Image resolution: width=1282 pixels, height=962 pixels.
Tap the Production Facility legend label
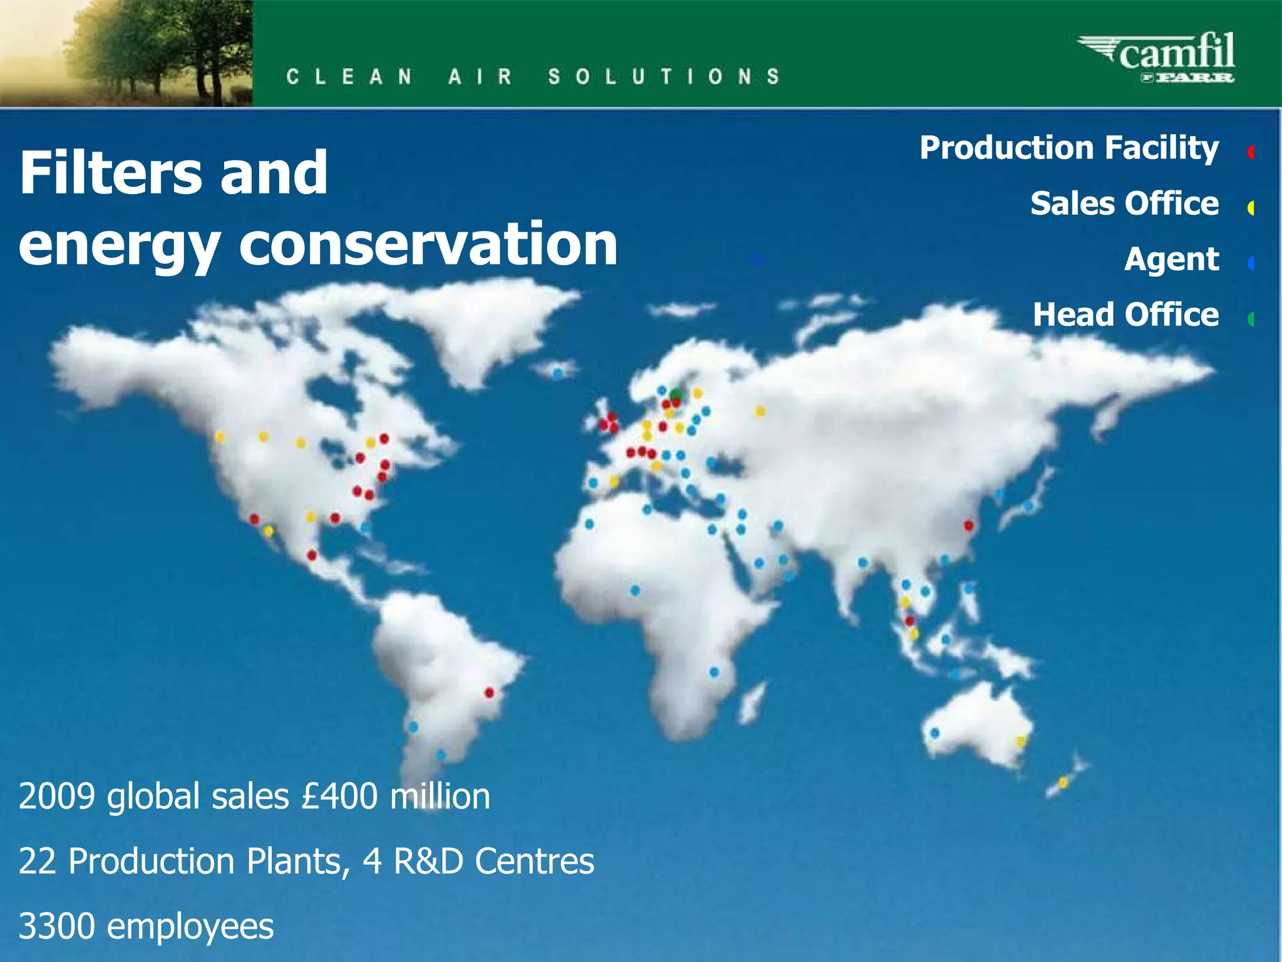point(1069,148)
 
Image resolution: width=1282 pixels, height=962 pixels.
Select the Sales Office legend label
point(1124,204)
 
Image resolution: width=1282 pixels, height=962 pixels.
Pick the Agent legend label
point(1171,259)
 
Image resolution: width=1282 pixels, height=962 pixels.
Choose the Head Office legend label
point(1126,314)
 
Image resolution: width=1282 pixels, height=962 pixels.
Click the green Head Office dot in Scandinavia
point(675,394)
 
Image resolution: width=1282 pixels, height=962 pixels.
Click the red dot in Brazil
point(490,692)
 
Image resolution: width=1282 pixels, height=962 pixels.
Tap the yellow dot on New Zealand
point(1062,782)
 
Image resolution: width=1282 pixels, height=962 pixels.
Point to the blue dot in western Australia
point(935,732)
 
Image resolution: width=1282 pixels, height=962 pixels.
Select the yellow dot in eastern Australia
point(1021,742)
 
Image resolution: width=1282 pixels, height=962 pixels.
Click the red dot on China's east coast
point(968,525)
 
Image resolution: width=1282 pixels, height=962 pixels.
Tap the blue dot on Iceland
point(557,374)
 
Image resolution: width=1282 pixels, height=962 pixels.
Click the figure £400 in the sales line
point(340,796)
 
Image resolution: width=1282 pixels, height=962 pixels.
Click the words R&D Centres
point(493,861)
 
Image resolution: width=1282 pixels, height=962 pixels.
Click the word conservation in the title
point(428,244)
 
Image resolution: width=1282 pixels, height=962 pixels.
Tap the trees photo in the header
point(126,53)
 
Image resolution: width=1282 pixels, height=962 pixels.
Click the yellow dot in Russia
point(760,411)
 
